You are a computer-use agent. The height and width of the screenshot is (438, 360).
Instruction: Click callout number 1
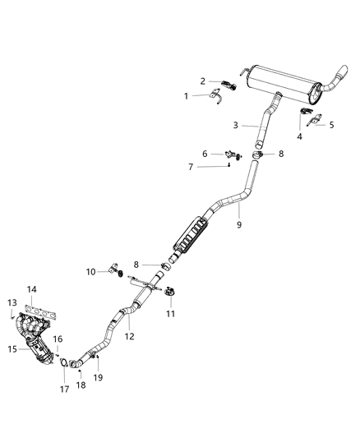[186, 96]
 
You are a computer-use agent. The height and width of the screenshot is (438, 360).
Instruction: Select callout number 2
[202, 81]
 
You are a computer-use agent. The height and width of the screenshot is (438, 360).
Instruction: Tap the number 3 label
[235, 126]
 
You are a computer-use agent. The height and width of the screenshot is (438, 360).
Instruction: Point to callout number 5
[332, 125]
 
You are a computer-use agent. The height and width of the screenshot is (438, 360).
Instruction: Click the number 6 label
[205, 152]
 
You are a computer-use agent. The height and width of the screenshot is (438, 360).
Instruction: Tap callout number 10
[91, 271]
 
